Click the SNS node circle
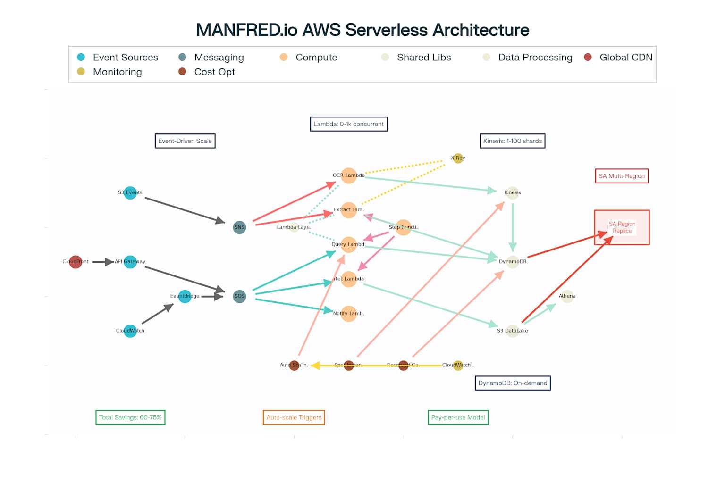[x=239, y=227]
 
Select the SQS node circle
[x=239, y=296]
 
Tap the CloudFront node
[x=76, y=262]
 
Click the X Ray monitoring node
[x=458, y=158]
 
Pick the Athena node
[x=567, y=296]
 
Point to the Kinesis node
[x=513, y=192]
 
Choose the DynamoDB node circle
[x=513, y=262]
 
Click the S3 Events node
[x=130, y=192]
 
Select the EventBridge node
[x=185, y=296]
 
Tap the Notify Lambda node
[x=348, y=313]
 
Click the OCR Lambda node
[x=348, y=175]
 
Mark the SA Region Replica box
[x=622, y=227]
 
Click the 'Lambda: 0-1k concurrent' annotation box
[x=348, y=124]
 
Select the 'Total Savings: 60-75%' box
[x=130, y=417]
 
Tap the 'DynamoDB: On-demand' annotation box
[x=513, y=383]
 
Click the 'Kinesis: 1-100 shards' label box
[x=512, y=141]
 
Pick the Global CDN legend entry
[x=618, y=58]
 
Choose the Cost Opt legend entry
[x=208, y=72]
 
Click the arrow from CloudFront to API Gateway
[x=102, y=262]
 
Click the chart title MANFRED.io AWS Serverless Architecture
[x=362, y=30]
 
